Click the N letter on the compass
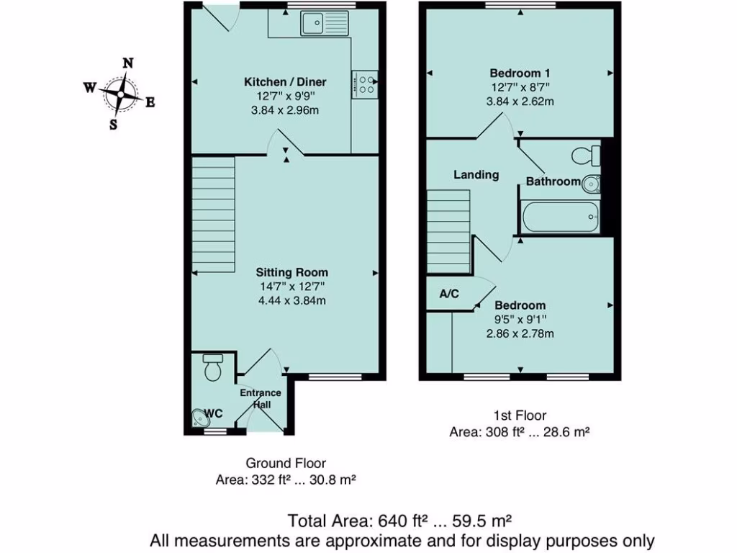click(127, 63)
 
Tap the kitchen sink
click(314, 24)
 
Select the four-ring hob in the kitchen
click(366, 84)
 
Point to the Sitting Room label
click(292, 272)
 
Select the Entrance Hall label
click(260, 399)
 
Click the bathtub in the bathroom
click(559, 217)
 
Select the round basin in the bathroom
click(591, 184)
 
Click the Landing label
click(476, 174)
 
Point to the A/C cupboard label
click(448, 295)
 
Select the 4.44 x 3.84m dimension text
click(292, 300)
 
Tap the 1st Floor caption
click(520, 415)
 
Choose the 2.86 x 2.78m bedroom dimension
click(520, 333)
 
